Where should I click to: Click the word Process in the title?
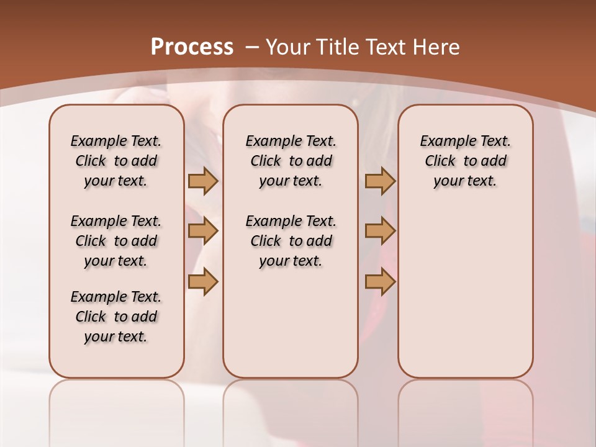(192, 47)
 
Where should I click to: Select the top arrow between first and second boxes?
(203, 181)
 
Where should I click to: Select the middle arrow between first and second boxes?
(203, 231)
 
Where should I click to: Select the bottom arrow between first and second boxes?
(203, 282)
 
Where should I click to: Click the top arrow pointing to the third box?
(380, 181)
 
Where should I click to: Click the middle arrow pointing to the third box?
(380, 231)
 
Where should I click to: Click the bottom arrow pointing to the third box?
(380, 282)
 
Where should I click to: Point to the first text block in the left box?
(116, 161)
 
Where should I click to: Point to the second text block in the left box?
(116, 241)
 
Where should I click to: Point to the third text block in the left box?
(116, 317)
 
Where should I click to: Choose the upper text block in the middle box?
(291, 161)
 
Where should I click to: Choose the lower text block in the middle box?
(291, 241)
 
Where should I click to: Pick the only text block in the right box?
(465, 161)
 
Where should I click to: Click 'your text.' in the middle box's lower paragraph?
(291, 261)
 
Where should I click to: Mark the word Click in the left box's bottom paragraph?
(91, 317)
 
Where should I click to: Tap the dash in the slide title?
(252, 47)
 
